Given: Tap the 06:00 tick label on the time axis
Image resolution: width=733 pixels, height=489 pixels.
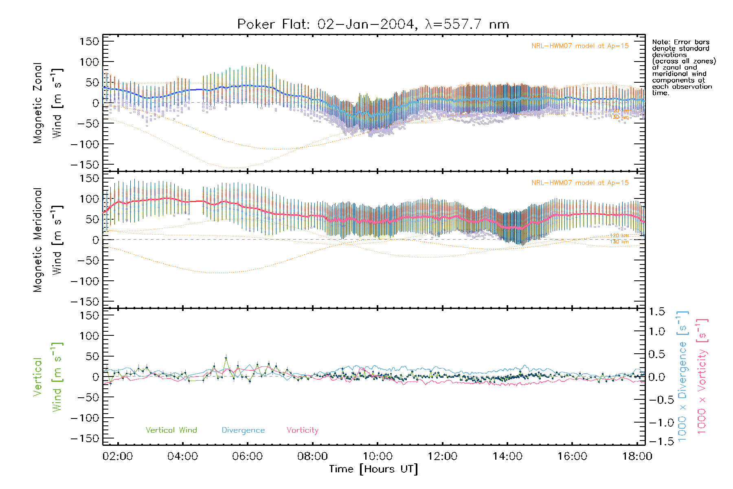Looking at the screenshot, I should [247, 456].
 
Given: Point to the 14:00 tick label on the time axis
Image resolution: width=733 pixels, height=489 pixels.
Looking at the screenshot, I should [507, 456].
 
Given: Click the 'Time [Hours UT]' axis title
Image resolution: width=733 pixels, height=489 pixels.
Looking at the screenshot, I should [373, 469].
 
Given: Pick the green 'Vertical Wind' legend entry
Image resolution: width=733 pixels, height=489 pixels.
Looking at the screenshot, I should [171, 430].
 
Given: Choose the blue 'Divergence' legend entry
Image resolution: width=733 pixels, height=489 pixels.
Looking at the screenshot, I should [243, 430].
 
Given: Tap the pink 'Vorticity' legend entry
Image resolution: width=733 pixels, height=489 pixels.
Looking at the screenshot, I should [302, 430].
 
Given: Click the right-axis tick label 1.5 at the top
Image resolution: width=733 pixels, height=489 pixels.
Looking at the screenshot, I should [657, 312].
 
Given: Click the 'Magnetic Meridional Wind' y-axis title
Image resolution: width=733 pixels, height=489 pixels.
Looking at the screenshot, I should [48, 240].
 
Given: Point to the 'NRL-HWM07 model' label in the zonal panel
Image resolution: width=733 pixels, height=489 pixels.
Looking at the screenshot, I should [580, 46].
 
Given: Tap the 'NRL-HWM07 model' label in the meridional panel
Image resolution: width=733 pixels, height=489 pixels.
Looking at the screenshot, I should [580, 183].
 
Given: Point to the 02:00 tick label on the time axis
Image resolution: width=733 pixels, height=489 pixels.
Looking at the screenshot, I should [118, 456].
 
